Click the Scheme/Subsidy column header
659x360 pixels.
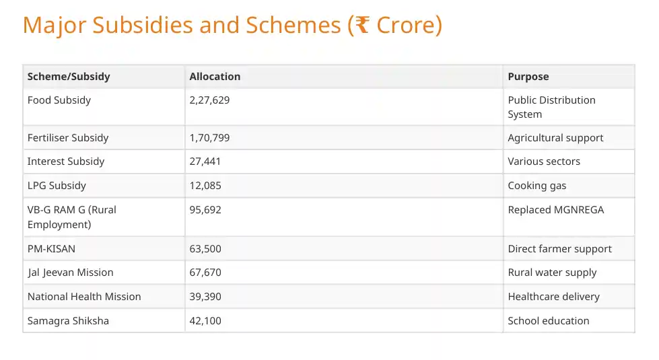tap(68, 77)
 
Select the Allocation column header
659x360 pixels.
tap(215, 77)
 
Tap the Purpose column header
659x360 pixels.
tap(528, 77)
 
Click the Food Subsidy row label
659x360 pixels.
tap(59, 100)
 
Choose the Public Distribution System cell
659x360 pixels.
tap(551, 107)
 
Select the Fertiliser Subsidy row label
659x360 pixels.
tap(67, 138)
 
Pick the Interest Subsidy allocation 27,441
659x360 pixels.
tap(205, 161)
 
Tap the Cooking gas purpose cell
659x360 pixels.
tap(536, 186)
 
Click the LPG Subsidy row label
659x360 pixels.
tap(57, 186)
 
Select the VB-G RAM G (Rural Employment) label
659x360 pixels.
tap(71, 217)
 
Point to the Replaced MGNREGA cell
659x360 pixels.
tap(555, 210)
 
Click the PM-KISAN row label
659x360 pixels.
tap(51, 249)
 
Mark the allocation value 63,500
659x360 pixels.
tap(205, 249)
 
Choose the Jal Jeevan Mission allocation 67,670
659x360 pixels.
tap(205, 273)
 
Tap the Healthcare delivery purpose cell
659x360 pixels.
tap(553, 297)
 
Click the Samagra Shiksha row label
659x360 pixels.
tap(67, 321)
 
